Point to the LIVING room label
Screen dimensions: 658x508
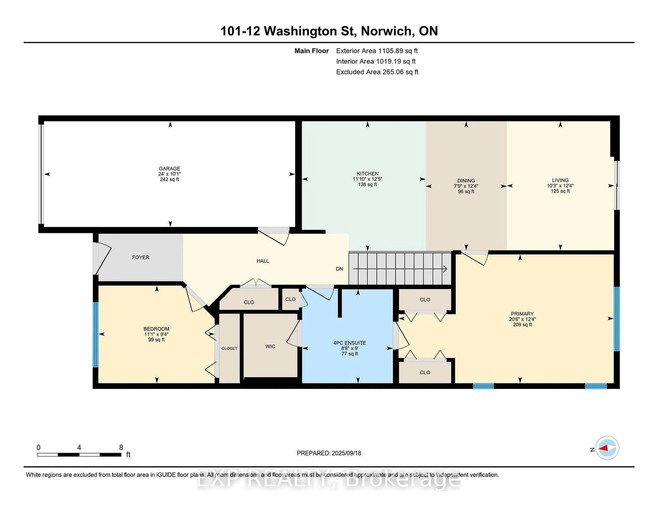tap(560, 180)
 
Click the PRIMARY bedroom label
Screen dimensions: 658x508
tap(522, 314)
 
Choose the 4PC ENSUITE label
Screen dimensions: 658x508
tap(350, 343)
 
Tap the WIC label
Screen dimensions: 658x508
tap(270, 346)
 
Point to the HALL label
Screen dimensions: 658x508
tap(263, 261)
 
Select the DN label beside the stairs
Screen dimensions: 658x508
tap(339, 269)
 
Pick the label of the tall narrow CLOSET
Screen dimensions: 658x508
tap(229, 348)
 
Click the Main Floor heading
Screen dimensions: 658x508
tap(312, 51)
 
